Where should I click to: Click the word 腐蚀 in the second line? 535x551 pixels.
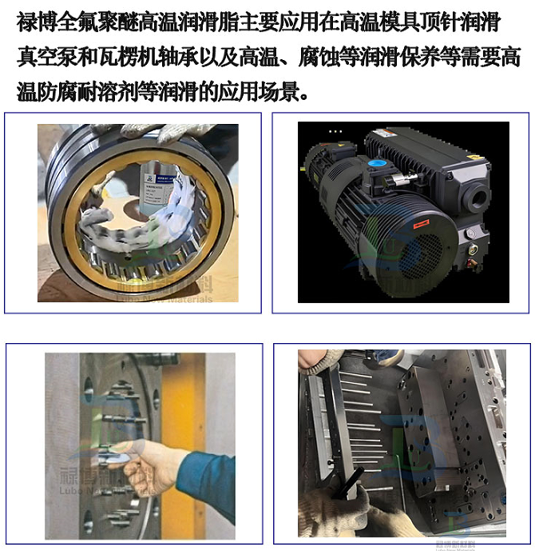tap(354, 58)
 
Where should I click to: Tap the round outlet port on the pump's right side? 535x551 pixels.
tap(481, 197)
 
